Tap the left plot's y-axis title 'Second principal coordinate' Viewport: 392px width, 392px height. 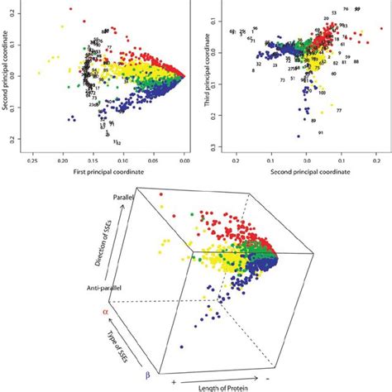(x=7, y=79)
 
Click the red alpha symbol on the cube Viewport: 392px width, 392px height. (x=105, y=312)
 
